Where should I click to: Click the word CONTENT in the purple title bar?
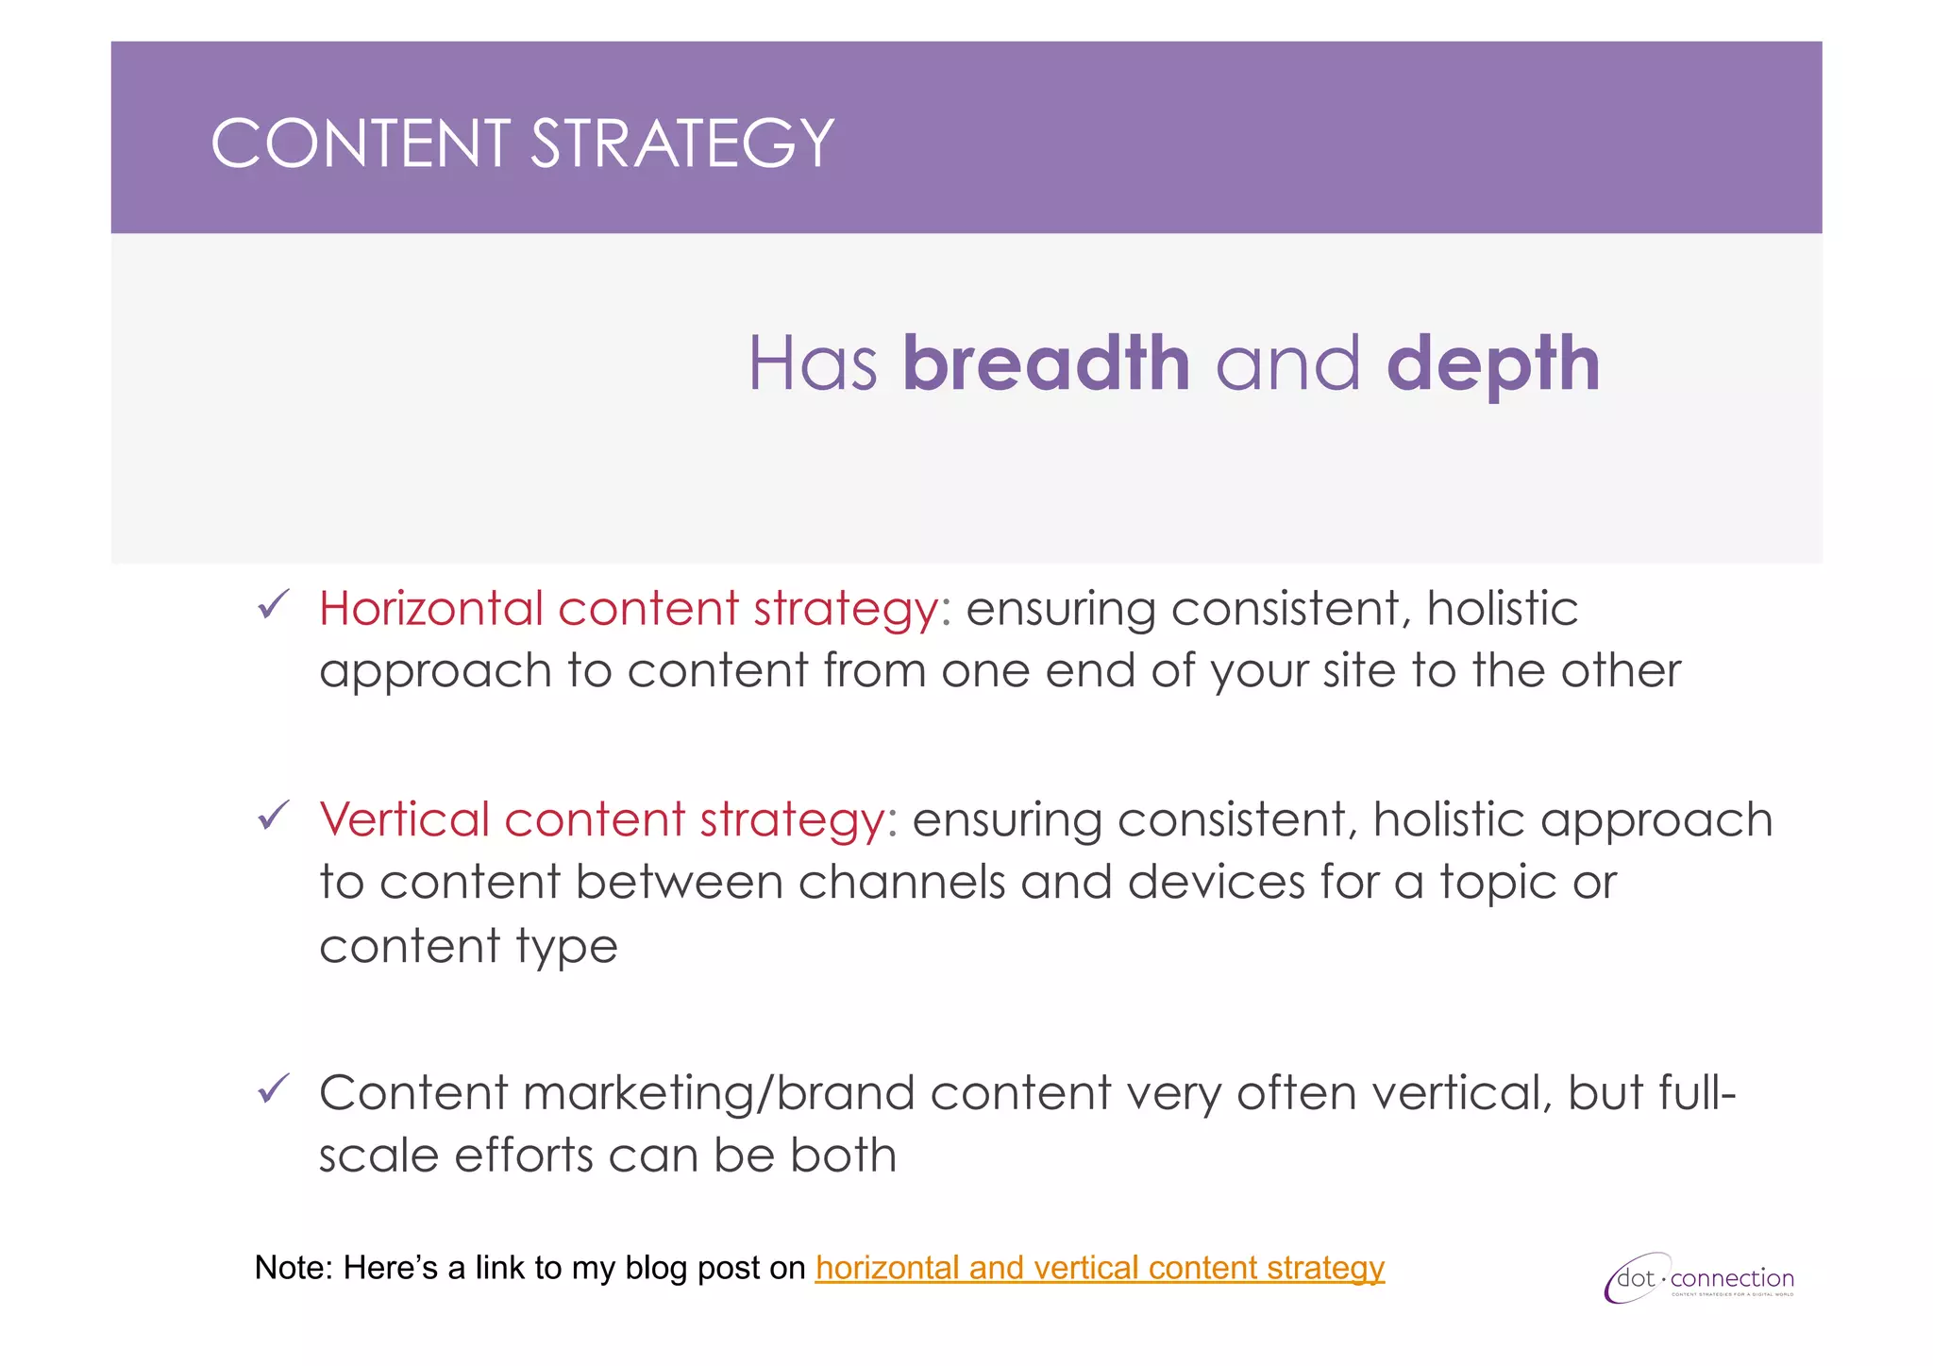[x=360, y=144]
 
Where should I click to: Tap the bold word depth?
[x=1493, y=365]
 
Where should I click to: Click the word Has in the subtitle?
[x=813, y=364]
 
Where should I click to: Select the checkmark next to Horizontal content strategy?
[x=273, y=605]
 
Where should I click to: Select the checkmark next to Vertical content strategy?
[x=273, y=816]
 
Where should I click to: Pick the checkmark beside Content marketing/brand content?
[x=273, y=1089]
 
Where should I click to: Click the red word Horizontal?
[x=429, y=608]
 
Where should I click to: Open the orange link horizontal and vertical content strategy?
[x=1100, y=1267]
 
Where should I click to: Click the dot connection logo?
[x=1699, y=1279]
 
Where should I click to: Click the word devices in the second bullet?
[x=1216, y=882]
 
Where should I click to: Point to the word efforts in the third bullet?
[x=522, y=1155]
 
